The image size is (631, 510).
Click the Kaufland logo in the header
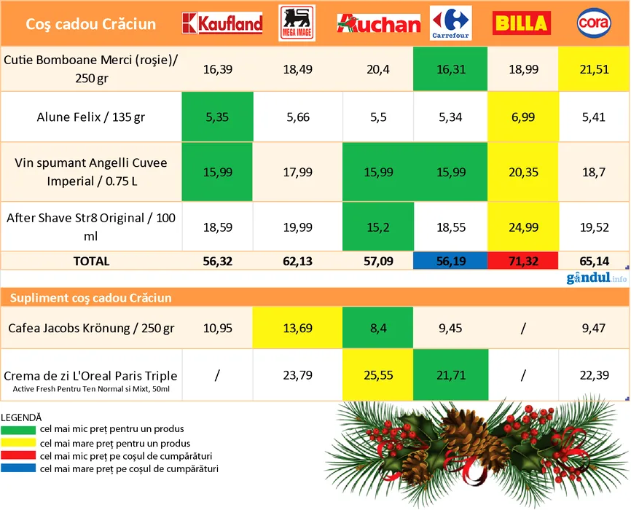coord(222,23)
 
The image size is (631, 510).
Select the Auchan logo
coord(379,23)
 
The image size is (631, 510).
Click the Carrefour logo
coord(450,23)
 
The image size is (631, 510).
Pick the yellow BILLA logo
coord(520,23)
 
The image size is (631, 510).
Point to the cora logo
coord(593,23)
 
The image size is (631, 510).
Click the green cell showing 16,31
coord(450,69)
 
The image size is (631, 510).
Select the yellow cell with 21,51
coord(593,69)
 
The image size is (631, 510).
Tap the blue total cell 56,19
coord(450,261)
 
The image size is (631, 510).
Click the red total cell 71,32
coord(520,261)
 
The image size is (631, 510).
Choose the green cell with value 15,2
coord(379,227)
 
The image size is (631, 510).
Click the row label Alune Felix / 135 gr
coord(91,117)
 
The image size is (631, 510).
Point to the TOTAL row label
coord(91,261)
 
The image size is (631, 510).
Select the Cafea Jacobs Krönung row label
coord(91,329)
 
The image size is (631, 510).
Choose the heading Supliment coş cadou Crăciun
coord(91,297)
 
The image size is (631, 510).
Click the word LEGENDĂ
coord(22,417)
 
